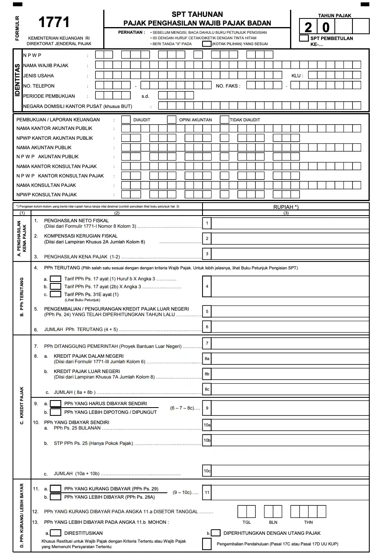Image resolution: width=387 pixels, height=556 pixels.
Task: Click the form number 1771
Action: [54, 22]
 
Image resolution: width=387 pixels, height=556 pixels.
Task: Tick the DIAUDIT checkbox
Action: [126, 120]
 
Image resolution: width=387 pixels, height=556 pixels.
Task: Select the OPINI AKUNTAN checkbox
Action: [172, 120]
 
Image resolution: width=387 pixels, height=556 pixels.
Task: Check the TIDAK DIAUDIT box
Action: [224, 120]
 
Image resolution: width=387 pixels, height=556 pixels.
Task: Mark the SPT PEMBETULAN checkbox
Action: [304, 38]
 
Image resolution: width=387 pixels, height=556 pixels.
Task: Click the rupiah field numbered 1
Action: [290, 223]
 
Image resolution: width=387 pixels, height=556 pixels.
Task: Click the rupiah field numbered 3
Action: [290, 254]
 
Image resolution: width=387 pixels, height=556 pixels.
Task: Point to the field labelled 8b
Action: [290, 374]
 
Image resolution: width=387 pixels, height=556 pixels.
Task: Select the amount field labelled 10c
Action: [290, 471]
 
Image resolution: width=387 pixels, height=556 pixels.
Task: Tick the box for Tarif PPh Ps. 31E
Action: [55, 294]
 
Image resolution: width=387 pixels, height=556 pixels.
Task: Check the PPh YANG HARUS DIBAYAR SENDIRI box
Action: [56, 404]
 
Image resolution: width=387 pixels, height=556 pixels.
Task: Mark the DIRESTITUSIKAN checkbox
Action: [56, 533]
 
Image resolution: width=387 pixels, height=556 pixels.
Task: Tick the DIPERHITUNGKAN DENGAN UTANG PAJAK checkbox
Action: [216, 533]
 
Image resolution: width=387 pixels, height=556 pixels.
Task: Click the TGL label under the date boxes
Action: [246, 522]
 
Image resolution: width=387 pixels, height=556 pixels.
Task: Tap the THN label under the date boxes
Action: [309, 522]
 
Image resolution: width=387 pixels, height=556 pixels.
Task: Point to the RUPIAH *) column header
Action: [286, 207]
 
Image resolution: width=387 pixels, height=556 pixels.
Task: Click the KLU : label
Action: [297, 76]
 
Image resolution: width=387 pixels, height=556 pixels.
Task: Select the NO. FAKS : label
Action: [228, 86]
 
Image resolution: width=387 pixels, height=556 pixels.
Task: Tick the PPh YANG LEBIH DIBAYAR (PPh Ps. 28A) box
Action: [56, 497]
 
